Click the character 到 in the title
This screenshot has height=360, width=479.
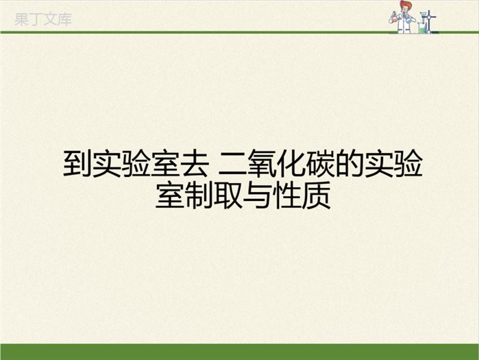pos(77,163)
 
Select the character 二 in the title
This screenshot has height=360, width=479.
pos(233,164)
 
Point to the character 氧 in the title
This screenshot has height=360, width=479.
pos(262,163)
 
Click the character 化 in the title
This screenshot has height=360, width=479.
pos(291,163)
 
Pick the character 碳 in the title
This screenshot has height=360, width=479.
pos(321,163)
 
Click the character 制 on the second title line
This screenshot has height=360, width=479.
pos(199,195)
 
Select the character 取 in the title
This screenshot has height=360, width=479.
pos(228,195)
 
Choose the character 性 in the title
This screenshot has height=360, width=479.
pos(287,195)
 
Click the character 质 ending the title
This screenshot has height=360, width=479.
pos(317,195)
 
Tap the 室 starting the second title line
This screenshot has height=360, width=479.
pos(170,195)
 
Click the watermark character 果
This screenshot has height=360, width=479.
pos(21,19)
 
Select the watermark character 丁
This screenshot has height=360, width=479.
pos(36,19)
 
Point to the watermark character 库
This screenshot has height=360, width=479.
pos(64,19)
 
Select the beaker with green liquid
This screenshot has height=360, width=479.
pos(422,28)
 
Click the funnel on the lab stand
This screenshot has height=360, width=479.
pos(423,15)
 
